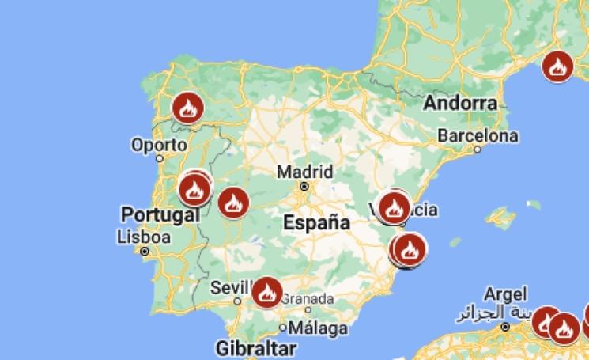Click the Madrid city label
(304, 172)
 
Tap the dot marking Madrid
(304, 187)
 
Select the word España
(316, 222)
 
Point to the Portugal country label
(160, 214)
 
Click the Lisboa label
(143, 237)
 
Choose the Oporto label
(159, 146)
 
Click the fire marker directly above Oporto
(187, 108)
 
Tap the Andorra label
(461, 103)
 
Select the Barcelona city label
(478, 135)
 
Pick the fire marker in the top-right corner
(557, 66)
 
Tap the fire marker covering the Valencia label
(393, 207)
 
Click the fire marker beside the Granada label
(266, 292)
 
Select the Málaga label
(318, 328)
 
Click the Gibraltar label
(255, 348)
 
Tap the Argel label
(504, 294)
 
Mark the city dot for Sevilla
(238, 301)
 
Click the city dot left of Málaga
(284, 327)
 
